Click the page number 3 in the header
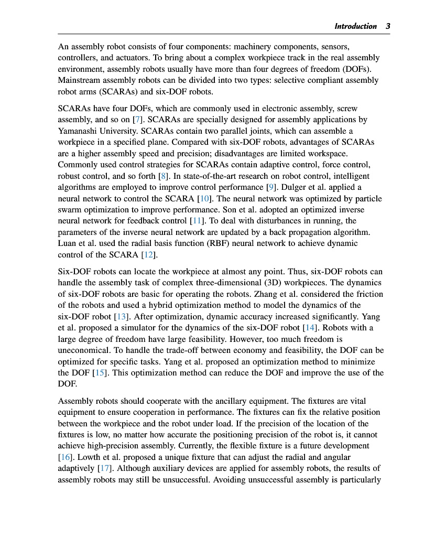[x=388, y=26]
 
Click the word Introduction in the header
[x=355, y=26]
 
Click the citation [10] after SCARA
[x=203, y=199]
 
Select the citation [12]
[x=149, y=255]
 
